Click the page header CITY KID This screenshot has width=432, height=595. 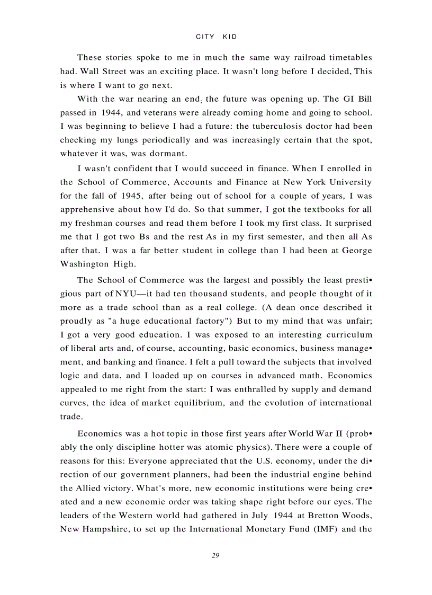216,37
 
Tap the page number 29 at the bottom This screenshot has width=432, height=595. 215,555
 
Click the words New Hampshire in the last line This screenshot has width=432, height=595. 91,529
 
